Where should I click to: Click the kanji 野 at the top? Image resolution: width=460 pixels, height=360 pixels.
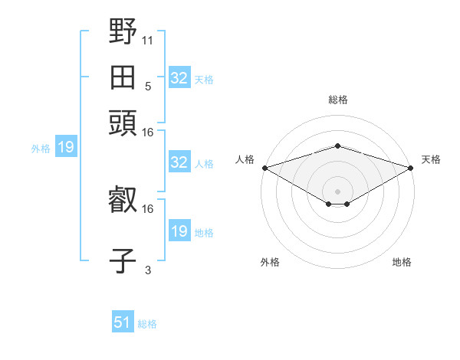click(123, 31)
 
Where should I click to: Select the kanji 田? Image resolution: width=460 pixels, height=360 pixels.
click(123, 77)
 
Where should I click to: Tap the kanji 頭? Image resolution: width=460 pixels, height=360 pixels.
click(123, 123)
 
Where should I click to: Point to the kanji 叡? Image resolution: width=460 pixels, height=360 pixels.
click(123, 199)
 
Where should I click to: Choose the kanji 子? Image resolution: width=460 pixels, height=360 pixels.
click(123, 260)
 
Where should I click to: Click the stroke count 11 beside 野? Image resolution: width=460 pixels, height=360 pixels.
click(147, 41)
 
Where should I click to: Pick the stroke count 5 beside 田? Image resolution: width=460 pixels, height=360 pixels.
click(148, 87)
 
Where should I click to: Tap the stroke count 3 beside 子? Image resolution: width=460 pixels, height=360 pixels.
click(148, 270)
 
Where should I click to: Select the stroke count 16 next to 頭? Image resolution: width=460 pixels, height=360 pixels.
click(147, 133)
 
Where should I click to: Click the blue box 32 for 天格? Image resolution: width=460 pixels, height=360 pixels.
click(179, 77)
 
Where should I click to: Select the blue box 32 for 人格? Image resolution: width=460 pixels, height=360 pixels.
click(179, 162)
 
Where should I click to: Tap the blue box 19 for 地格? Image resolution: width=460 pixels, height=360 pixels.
click(179, 230)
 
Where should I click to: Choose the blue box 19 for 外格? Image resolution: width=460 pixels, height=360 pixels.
click(66, 146)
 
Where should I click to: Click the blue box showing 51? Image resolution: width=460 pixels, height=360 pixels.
click(123, 321)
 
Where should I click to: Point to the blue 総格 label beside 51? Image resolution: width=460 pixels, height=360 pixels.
click(147, 324)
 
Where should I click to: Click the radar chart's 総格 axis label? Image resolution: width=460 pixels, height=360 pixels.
click(338, 100)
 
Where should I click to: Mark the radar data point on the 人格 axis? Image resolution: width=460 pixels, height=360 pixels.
click(265, 168)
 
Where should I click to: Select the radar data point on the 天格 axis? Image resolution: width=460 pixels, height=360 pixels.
click(411, 168)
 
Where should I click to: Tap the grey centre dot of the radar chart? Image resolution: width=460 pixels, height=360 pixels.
click(337, 191)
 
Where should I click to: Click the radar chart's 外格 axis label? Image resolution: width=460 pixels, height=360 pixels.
click(270, 262)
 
